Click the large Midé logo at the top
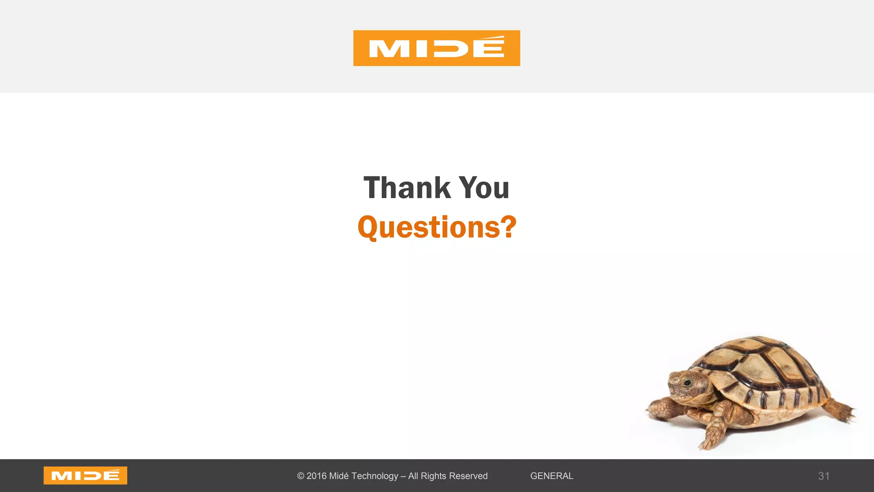[437, 48]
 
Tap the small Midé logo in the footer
[85, 475]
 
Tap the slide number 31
[824, 476]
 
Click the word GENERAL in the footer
[552, 476]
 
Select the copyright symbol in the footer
[301, 476]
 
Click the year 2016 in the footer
[316, 476]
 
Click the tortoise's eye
[687, 382]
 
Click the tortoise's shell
[764, 367]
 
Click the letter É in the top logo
[489, 47]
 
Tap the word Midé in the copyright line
[339, 476]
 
